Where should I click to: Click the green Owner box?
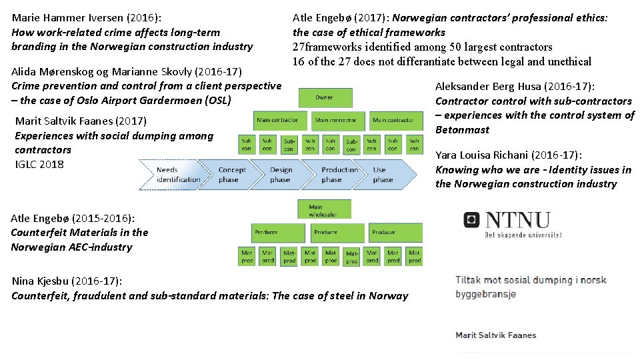point(324,97)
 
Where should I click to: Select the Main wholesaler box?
point(324,210)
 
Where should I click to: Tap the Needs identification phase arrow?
point(177,175)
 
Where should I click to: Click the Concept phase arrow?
point(233,175)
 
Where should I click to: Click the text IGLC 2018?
point(39,164)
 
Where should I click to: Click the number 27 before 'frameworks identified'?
point(299,47)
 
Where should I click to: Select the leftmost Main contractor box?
point(277,121)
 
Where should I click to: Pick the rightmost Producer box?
point(384,233)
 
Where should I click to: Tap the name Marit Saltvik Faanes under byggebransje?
point(495,335)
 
